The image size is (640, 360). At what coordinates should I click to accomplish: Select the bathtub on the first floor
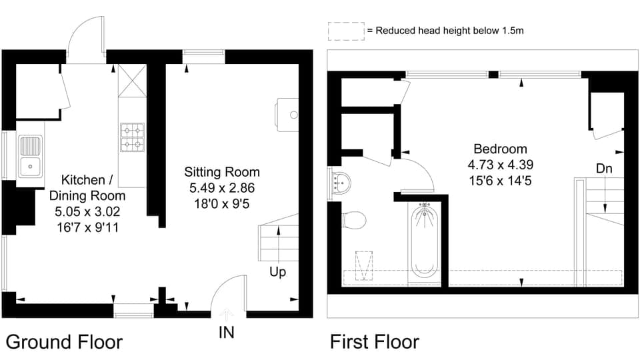tap(424, 241)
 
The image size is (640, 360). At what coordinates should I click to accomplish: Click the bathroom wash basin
tap(340, 181)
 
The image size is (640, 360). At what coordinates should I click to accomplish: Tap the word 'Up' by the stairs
tap(278, 272)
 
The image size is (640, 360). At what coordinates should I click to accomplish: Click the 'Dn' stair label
tap(604, 169)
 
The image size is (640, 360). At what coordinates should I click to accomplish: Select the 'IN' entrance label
tap(226, 331)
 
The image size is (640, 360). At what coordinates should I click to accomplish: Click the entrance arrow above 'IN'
tap(226, 313)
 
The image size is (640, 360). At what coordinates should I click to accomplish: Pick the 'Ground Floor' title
tap(64, 342)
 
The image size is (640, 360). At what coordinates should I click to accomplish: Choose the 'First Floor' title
tap(375, 342)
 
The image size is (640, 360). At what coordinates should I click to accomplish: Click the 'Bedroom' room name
tap(500, 149)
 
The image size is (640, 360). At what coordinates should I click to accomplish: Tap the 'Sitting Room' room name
tap(222, 173)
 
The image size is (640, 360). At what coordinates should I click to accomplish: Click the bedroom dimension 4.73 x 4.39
tap(500, 164)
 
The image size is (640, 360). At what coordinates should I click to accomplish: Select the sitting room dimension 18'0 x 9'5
tap(222, 203)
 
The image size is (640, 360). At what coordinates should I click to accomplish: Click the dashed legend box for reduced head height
tap(345, 31)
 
